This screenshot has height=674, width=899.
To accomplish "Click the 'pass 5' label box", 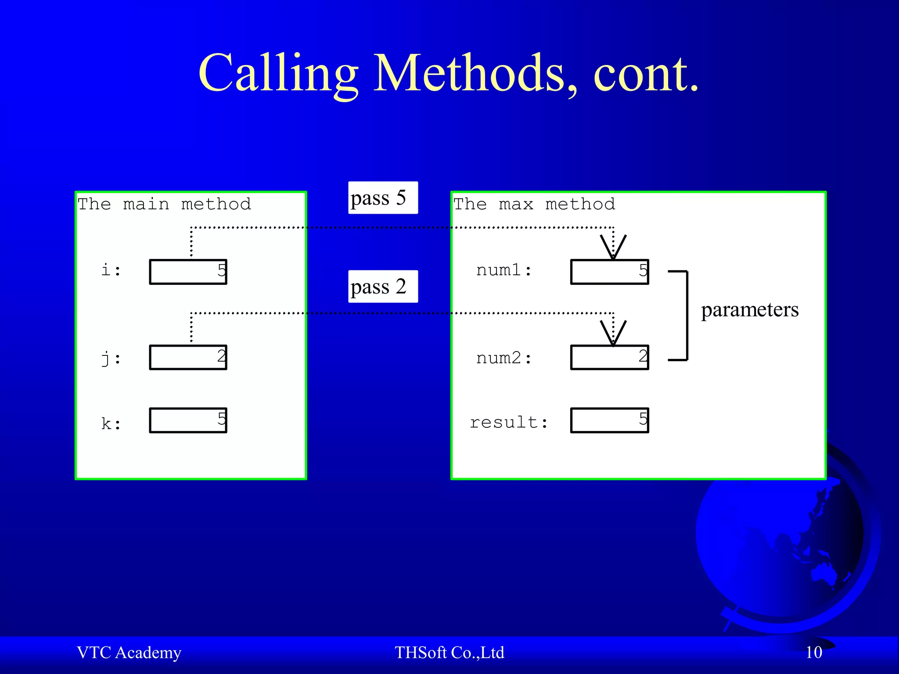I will (x=383, y=198).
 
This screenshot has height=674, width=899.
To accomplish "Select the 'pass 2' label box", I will (x=383, y=287).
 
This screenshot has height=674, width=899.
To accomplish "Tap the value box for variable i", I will (x=188, y=272).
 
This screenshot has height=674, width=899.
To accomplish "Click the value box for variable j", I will (x=188, y=358).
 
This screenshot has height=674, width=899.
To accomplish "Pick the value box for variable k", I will (x=188, y=420).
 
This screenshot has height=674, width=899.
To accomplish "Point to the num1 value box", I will (x=609, y=272).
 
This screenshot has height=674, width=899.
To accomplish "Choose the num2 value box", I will (x=609, y=358).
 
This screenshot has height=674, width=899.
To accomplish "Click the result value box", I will (x=609, y=420).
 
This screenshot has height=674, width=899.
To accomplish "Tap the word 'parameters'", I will (x=749, y=310).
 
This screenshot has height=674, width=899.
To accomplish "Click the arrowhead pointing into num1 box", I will (x=613, y=248).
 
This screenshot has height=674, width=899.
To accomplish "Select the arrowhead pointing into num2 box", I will (x=613, y=334).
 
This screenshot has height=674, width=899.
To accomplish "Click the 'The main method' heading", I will (x=164, y=204).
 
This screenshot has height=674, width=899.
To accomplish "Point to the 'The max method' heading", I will (x=534, y=204).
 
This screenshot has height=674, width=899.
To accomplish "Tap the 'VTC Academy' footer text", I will (x=129, y=652).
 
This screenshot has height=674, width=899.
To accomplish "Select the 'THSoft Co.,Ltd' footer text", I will (x=449, y=652).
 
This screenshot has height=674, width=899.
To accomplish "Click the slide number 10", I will (x=813, y=652).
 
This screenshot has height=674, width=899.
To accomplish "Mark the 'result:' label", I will (x=509, y=423).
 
